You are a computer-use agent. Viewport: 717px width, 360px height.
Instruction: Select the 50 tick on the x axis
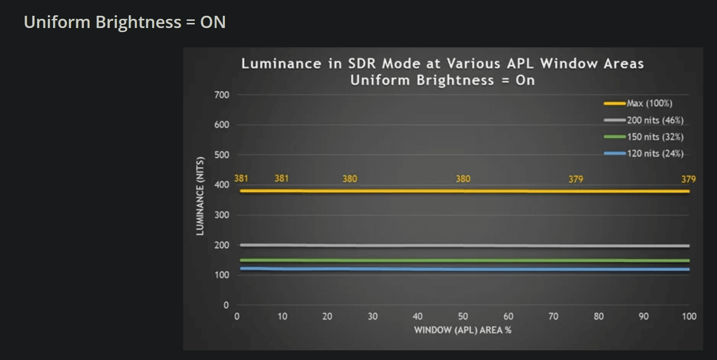[x=463, y=316]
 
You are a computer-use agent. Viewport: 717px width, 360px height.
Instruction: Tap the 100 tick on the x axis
[x=689, y=316]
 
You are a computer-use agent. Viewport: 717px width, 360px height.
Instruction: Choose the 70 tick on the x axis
[x=553, y=316]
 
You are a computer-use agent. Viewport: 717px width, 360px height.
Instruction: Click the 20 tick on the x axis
[x=327, y=316]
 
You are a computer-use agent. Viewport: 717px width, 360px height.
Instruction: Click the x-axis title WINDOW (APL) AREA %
[x=463, y=330]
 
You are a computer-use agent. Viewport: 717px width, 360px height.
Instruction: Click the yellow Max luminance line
[x=407, y=191]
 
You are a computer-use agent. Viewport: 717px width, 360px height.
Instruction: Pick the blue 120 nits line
[x=407, y=269]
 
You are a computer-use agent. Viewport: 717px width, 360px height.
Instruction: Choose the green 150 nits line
[x=407, y=261]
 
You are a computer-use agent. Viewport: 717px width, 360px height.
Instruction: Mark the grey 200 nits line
[x=407, y=245]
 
